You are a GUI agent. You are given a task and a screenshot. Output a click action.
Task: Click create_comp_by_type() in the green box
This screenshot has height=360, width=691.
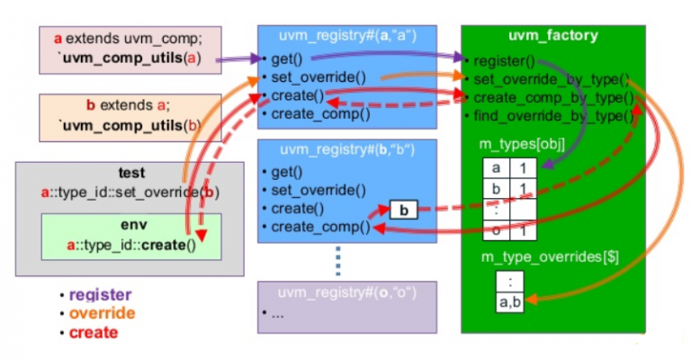pyautogui.click(x=552, y=98)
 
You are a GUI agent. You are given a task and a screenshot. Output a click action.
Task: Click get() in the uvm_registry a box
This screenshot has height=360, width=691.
pyautogui.click(x=287, y=60)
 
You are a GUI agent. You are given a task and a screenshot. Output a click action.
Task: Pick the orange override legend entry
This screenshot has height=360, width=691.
pyautogui.click(x=101, y=314)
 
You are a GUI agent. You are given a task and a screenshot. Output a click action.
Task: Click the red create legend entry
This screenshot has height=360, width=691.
pyautogui.click(x=93, y=333)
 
